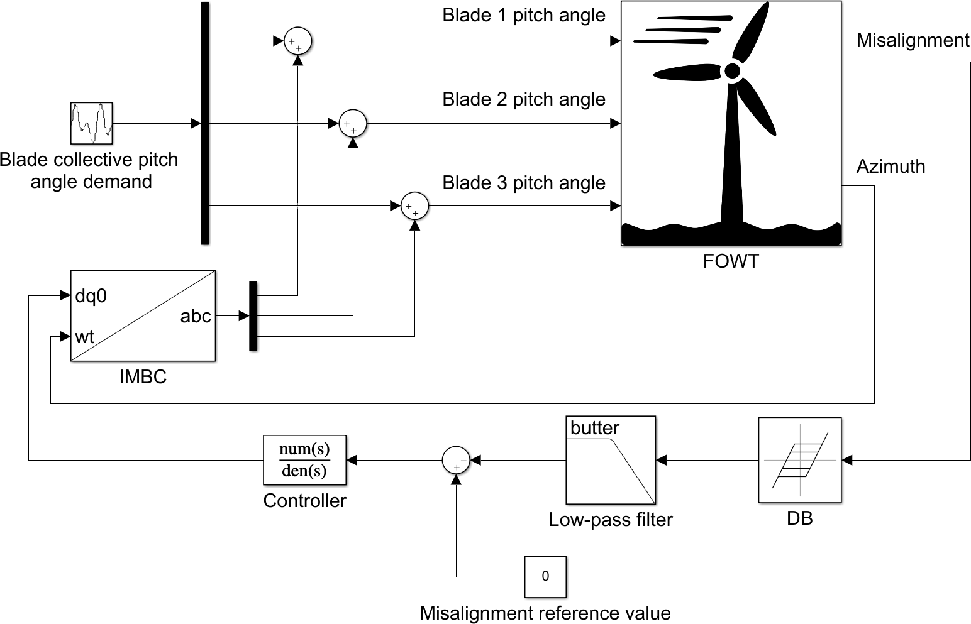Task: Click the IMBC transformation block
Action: click(143, 315)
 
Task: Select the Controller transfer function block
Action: click(304, 460)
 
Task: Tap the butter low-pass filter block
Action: click(611, 460)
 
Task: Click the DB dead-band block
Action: click(799, 460)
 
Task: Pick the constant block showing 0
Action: click(545, 576)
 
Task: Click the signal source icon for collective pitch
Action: click(91, 123)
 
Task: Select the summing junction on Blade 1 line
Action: click(297, 41)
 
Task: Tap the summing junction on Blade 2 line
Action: click(353, 124)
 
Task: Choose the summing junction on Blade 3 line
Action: click(414, 206)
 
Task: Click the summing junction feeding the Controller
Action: click(456, 460)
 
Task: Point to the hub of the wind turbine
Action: click(732, 71)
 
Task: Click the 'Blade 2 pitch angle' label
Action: click(524, 99)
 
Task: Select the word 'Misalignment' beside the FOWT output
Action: click(913, 40)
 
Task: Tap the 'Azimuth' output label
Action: click(891, 167)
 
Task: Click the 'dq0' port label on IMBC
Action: click(91, 295)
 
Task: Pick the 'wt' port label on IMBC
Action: click(84, 337)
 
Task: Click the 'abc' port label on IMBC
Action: click(196, 316)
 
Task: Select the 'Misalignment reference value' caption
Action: click(545, 613)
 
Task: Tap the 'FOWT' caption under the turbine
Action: click(731, 261)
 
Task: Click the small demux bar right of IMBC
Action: click(253, 315)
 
